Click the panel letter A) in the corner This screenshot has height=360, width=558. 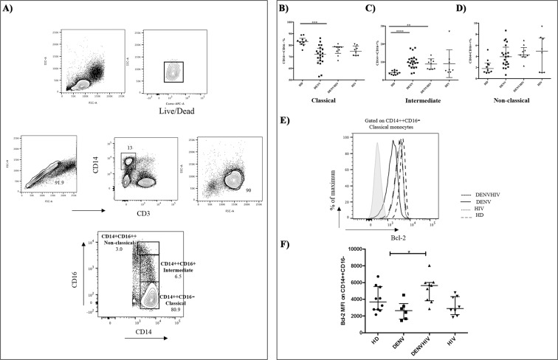coord(10,10)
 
